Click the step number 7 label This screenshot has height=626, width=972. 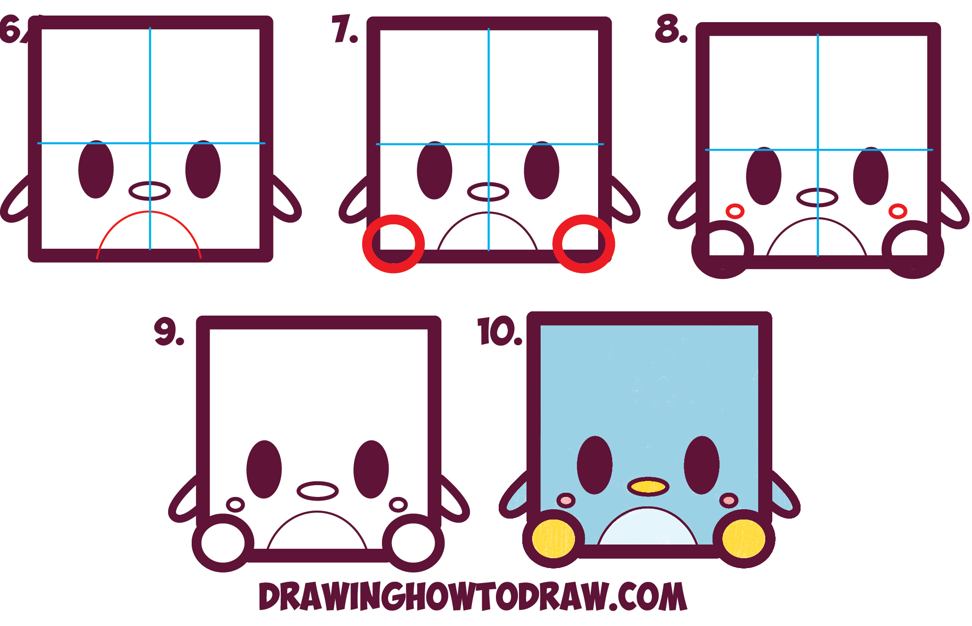pyautogui.click(x=344, y=29)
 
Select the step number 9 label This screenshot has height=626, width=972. pyautogui.click(x=168, y=332)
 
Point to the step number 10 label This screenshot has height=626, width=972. pyautogui.click(x=499, y=332)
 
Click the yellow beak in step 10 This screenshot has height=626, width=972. pyautogui.click(x=648, y=487)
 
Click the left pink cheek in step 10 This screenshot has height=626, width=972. pyautogui.click(x=566, y=500)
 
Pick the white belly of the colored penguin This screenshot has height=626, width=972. pyautogui.click(x=648, y=528)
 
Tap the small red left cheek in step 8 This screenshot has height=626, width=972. pyautogui.click(x=735, y=211)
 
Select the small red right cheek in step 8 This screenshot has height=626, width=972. pyautogui.click(x=898, y=211)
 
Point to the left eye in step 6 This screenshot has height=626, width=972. pyautogui.click(x=96, y=170)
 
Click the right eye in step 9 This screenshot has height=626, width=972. pyautogui.click(x=371, y=469)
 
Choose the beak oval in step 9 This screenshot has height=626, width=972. pyautogui.click(x=317, y=491)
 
